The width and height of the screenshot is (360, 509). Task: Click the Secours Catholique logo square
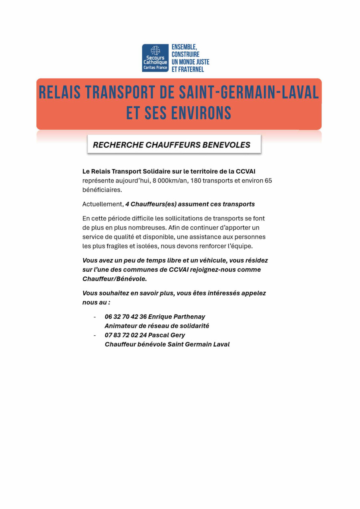(x=155, y=58)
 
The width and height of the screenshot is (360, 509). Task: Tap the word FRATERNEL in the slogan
(x=191, y=70)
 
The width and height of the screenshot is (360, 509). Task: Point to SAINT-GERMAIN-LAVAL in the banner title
(x=249, y=93)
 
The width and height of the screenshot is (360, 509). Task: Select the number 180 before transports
(x=195, y=181)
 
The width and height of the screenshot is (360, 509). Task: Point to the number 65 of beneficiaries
(x=268, y=181)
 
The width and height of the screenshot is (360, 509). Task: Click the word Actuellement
(x=103, y=204)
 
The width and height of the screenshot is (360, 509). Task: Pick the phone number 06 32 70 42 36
(x=126, y=317)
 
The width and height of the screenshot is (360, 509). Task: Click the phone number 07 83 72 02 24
(x=126, y=335)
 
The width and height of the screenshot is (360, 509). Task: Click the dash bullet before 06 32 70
(x=95, y=317)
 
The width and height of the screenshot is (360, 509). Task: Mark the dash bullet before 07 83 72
(x=95, y=335)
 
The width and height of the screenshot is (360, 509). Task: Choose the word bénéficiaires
(x=102, y=190)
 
